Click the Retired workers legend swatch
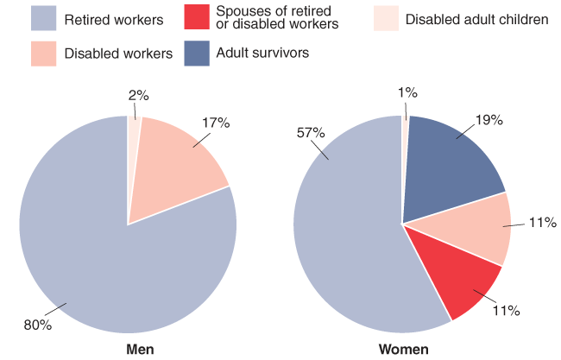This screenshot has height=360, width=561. point(43,18)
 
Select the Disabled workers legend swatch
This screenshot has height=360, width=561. point(43,54)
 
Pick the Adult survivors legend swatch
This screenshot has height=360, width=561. point(197,54)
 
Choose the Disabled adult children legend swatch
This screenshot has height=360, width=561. point(387,18)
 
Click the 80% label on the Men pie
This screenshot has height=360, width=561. point(38,325)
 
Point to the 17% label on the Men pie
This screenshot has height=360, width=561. point(215,123)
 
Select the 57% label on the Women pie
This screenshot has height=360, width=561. point(312,133)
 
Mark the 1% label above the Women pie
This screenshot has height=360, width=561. point(407,91)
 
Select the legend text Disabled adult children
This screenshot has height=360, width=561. point(476,18)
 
